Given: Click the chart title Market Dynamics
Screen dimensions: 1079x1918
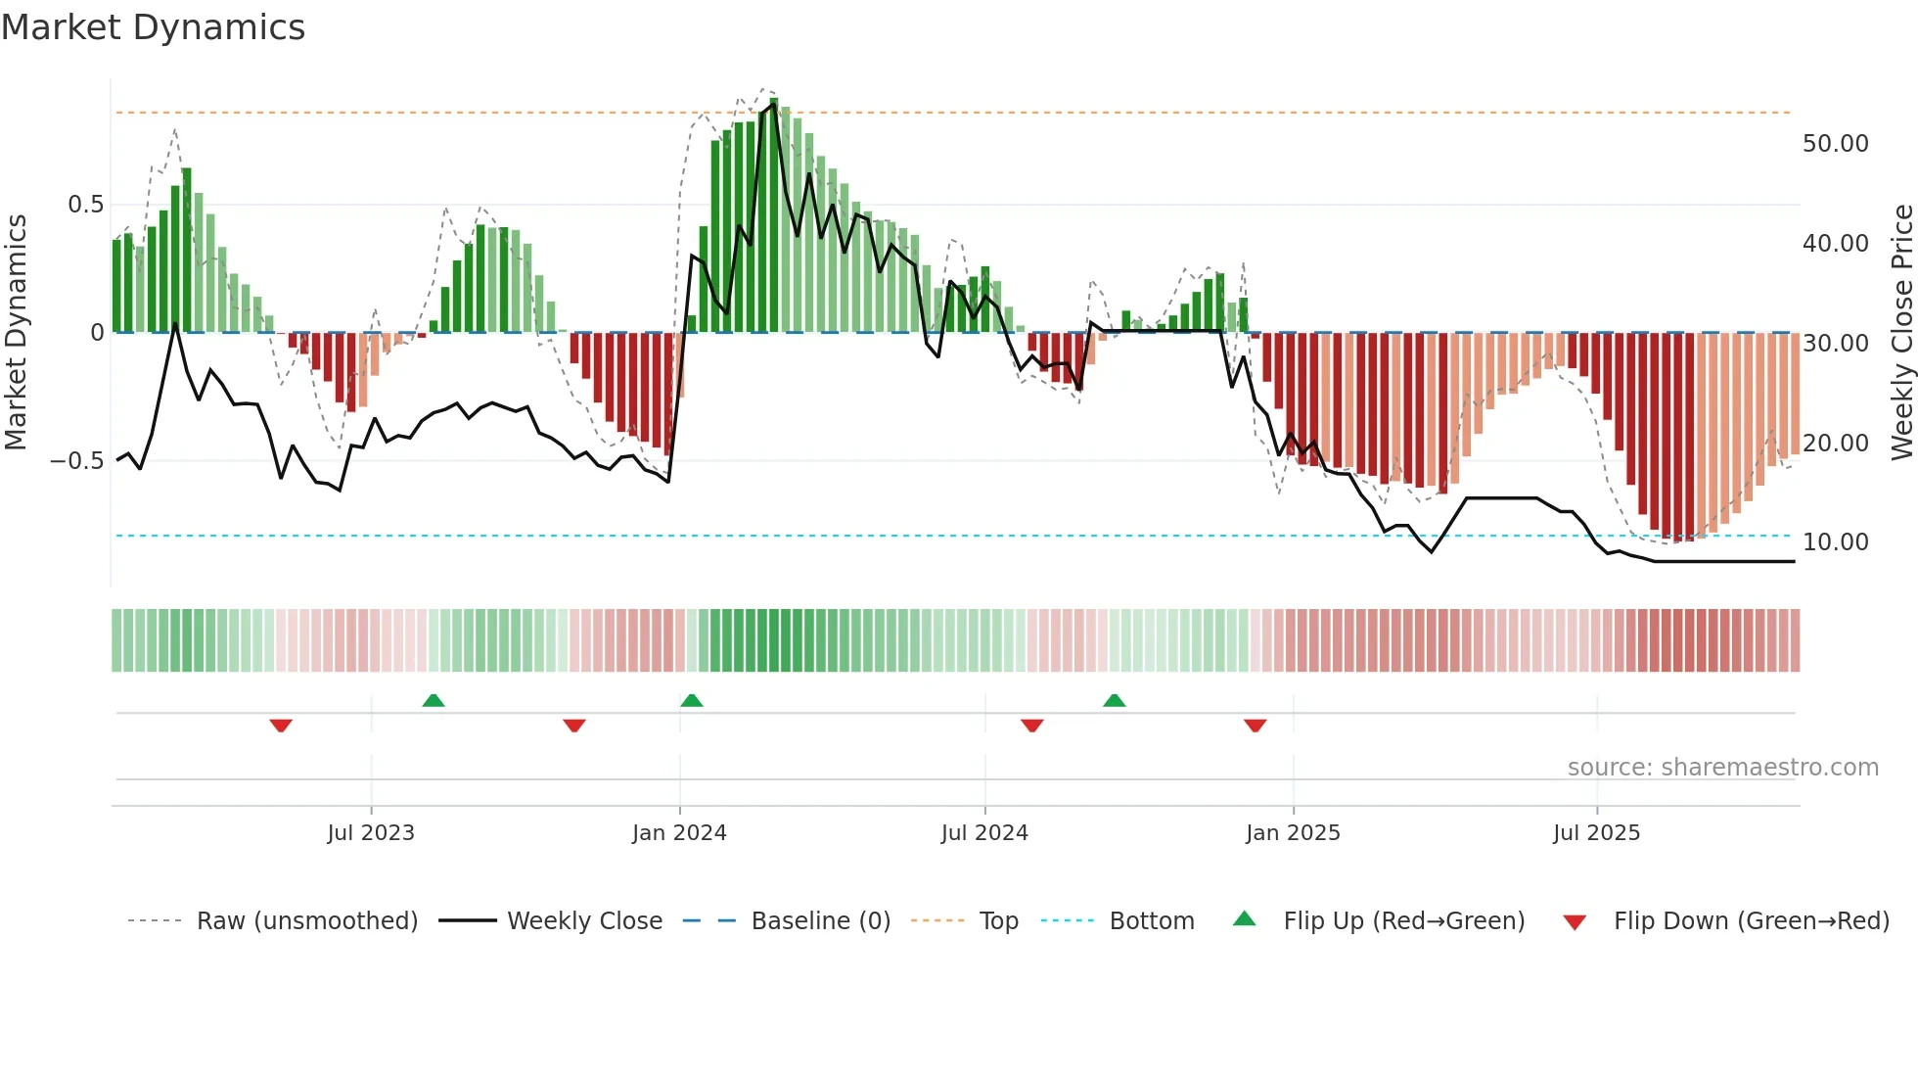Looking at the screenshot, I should click(153, 27).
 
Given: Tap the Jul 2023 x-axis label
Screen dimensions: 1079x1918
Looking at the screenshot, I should click(371, 833).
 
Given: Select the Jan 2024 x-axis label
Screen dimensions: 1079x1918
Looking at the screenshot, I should click(679, 833).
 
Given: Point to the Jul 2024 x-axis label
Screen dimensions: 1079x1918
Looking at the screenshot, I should click(984, 833).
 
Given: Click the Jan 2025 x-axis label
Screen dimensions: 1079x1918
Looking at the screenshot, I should click(1293, 833).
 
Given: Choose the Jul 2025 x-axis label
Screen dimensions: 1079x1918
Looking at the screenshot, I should click(1596, 833).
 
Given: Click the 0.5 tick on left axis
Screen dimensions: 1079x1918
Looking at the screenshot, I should click(85, 205).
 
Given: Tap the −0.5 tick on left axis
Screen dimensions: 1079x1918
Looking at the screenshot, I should click(76, 460).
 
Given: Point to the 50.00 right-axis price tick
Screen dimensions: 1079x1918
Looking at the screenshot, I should click(1835, 144).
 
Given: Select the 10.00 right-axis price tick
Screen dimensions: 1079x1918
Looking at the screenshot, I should click(1835, 542).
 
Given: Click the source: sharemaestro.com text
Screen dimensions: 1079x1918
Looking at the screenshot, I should click(1722, 768).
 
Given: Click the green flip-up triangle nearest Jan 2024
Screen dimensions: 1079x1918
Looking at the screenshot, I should click(692, 700).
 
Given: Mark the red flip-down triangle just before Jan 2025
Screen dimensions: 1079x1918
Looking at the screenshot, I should click(1256, 726).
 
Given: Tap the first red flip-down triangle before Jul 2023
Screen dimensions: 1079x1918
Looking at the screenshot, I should click(281, 726).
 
